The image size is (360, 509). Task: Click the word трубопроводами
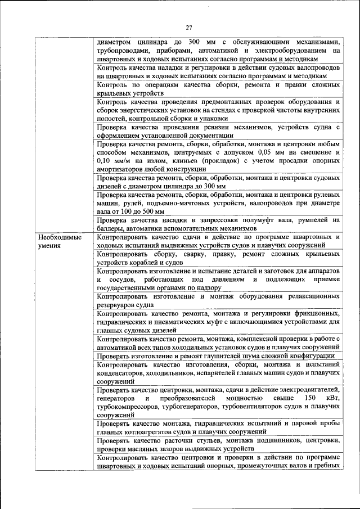(123, 51)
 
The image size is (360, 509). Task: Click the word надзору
(204, 287)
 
